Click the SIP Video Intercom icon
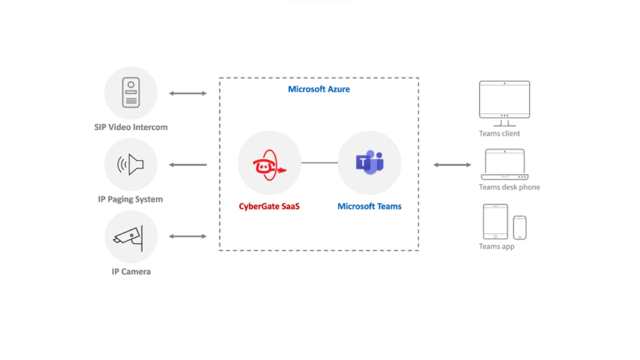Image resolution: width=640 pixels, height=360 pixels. (x=131, y=92)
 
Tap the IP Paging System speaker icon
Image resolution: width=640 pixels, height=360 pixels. (x=131, y=165)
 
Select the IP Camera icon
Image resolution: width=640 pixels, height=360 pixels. (x=131, y=237)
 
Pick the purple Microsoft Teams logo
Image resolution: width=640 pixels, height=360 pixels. (x=369, y=163)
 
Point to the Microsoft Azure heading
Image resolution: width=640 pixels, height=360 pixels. (x=318, y=89)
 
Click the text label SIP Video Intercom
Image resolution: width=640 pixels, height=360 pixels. (x=131, y=127)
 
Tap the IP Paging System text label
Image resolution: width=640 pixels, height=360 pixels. (x=131, y=199)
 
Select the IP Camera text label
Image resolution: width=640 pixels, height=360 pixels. (x=131, y=272)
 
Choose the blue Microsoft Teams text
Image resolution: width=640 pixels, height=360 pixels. (x=369, y=206)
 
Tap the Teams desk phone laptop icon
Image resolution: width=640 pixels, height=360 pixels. (x=503, y=164)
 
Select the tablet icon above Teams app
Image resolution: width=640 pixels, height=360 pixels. (x=495, y=222)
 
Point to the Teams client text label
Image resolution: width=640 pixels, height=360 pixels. (x=500, y=133)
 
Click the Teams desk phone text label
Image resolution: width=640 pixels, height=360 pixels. (x=509, y=187)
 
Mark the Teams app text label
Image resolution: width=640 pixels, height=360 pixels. (x=497, y=247)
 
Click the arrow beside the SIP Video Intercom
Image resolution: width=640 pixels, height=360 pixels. (x=187, y=93)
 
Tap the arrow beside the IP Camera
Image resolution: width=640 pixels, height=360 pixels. (x=187, y=237)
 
